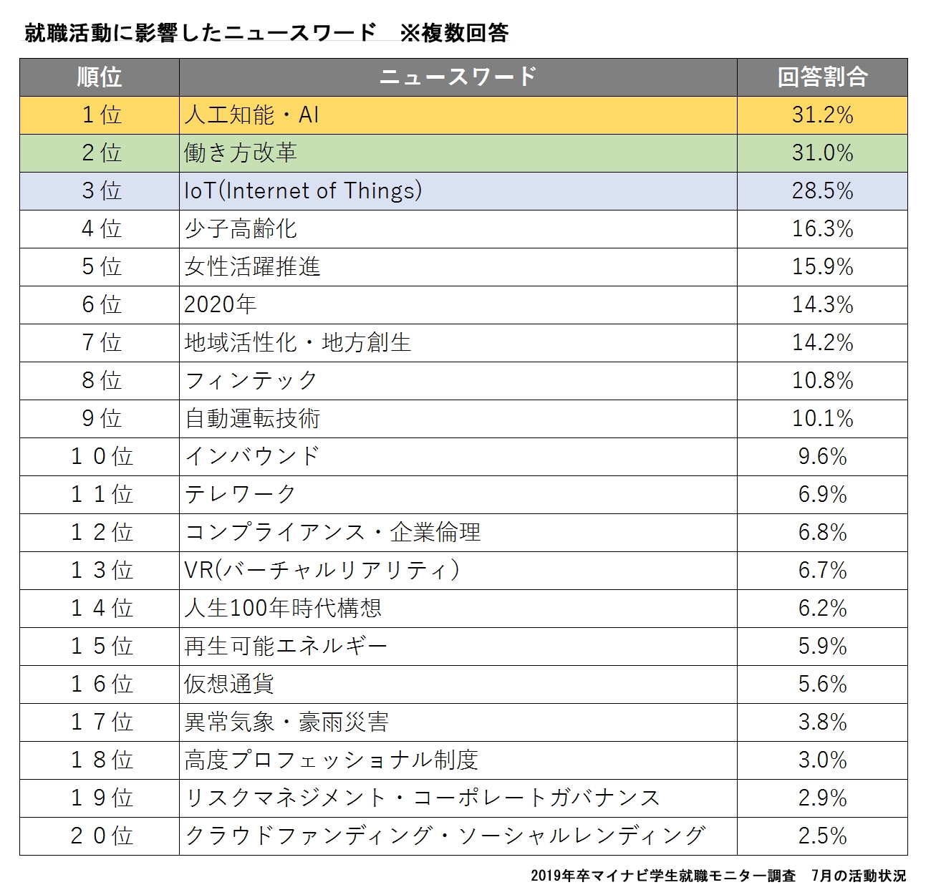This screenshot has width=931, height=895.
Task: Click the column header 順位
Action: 100,77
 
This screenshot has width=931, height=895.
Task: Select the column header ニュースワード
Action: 458,77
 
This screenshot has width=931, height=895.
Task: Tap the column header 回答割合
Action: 822,77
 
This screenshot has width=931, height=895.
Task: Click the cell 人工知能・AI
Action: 251,115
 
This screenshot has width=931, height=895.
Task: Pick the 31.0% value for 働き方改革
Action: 822,153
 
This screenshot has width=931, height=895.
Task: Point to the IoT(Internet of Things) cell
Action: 303,191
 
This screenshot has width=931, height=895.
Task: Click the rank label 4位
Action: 101,229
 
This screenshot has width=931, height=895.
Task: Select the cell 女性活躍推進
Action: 252,267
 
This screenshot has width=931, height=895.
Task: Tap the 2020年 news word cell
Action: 220,305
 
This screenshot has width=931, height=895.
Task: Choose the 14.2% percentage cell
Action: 822,343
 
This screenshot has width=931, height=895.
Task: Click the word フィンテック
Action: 251,381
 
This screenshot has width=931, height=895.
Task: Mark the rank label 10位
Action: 101,457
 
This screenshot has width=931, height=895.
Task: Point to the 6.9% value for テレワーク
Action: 822,495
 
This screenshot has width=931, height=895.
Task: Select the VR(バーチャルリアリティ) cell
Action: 322,571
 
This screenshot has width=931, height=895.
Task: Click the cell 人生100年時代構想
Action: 283,609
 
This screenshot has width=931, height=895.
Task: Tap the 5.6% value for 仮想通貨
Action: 822,684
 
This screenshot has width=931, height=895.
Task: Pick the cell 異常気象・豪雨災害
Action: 286,722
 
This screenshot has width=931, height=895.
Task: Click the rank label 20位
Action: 101,836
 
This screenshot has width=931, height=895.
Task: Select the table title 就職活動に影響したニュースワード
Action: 201,33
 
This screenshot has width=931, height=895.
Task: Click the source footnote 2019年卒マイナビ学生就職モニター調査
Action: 663,876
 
